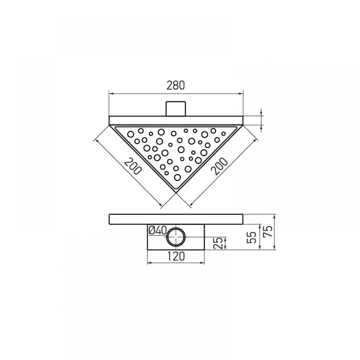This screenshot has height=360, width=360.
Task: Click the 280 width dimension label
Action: click(x=175, y=85)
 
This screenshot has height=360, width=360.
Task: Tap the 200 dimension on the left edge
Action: click(x=133, y=166)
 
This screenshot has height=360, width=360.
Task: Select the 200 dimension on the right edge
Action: click(x=219, y=166)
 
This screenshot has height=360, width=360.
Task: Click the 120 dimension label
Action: click(x=176, y=256)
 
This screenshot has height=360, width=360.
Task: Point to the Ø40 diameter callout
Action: click(x=158, y=230)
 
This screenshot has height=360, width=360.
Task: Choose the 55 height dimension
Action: click(x=251, y=237)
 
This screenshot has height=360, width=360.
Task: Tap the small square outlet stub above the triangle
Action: click(x=176, y=109)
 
